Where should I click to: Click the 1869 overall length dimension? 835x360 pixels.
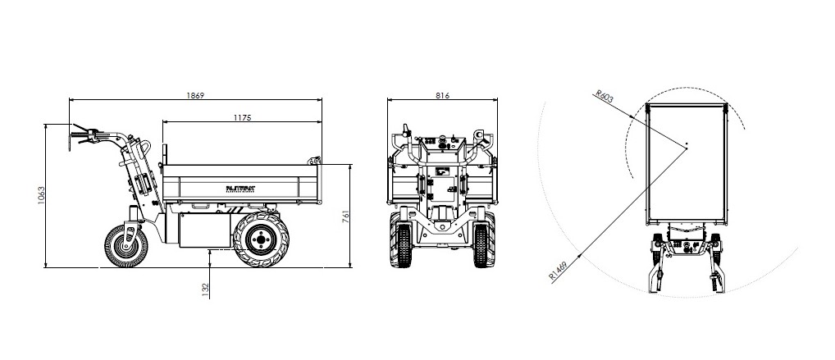click(195, 95)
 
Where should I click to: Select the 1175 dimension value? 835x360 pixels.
click(241, 118)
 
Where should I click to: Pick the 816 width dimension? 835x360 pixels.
click(442, 95)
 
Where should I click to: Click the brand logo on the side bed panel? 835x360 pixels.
click(241, 187)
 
